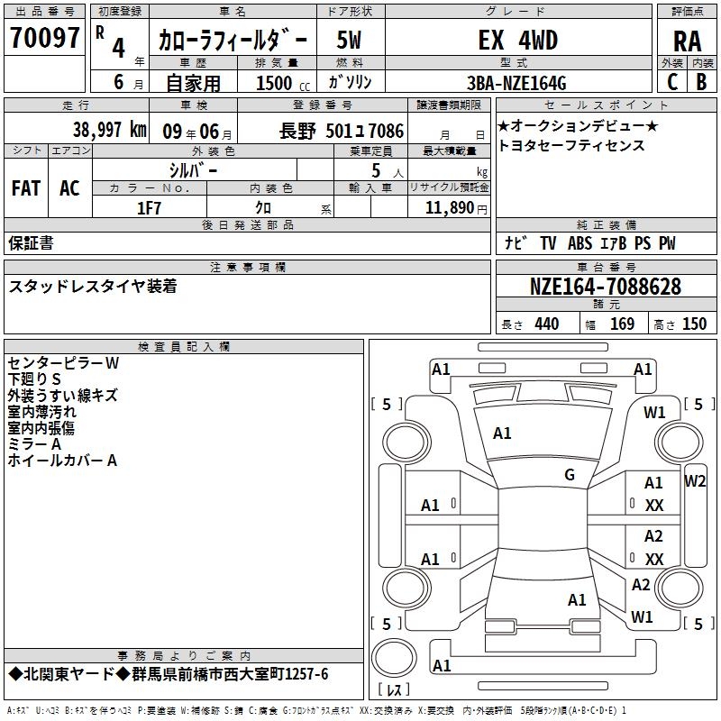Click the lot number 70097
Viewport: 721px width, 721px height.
tap(44, 38)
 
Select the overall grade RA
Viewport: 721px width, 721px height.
tap(688, 41)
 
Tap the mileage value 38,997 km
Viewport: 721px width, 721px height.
tap(109, 130)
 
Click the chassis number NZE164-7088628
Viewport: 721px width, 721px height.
tap(605, 287)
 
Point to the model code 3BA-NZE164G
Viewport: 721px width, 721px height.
tap(516, 83)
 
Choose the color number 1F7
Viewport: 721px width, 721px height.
tap(149, 208)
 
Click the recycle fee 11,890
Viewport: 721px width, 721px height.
tap(449, 208)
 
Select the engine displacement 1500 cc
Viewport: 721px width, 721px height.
tap(283, 83)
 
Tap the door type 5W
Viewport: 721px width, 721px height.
tap(349, 41)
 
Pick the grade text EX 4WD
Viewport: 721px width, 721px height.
tap(517, 41)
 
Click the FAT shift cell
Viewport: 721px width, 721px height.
tap(26, 188)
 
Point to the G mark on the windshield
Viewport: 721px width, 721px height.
tap(570, 475)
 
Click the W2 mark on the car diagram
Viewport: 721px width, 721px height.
tap(694, 481)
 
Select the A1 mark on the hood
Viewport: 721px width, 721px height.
tap(502, 434)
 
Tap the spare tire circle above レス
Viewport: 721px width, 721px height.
tap(394, 658)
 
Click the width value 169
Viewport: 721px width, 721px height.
tap(622, 324)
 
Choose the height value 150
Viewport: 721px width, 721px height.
tap(694, 324)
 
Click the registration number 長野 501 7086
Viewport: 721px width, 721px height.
tap(342, 132)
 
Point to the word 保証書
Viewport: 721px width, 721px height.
tap(31, 243)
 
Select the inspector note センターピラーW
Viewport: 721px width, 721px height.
tap(63, 363)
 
